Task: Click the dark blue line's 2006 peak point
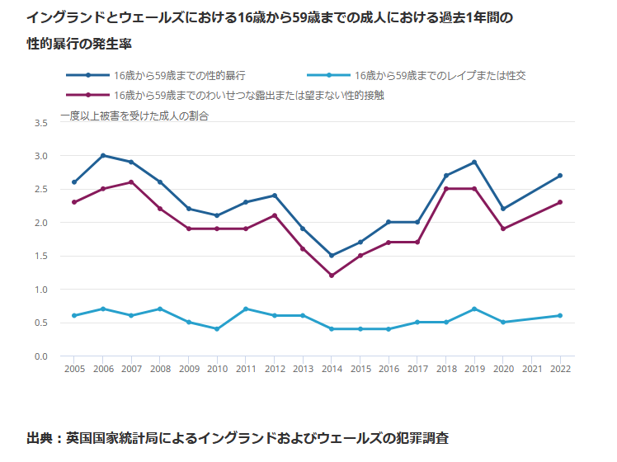point(102,155)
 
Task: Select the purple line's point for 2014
point(332,276)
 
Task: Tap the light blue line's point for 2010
point(217,329)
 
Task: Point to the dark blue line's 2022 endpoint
point(560,176)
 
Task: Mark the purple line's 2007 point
point(131,182)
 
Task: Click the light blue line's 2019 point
point(474,309)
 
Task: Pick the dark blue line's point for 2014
point(332,256)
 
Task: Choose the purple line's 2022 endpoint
point(560,202)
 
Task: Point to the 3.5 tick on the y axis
point(41,123)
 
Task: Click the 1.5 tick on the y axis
point(41,256)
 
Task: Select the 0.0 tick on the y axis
point(41,356)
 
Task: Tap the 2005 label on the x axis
point(74,369)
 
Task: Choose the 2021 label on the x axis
point(532,369)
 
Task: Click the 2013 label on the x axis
point(303,369)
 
